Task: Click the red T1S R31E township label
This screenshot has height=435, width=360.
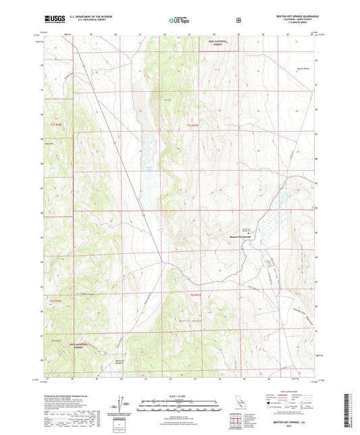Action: coord(192,126)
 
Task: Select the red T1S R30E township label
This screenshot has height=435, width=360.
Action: coord(55,126)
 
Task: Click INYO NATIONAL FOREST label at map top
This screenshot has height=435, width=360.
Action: coord(217,43)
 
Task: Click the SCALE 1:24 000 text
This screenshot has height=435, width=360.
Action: coord(179,395)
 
